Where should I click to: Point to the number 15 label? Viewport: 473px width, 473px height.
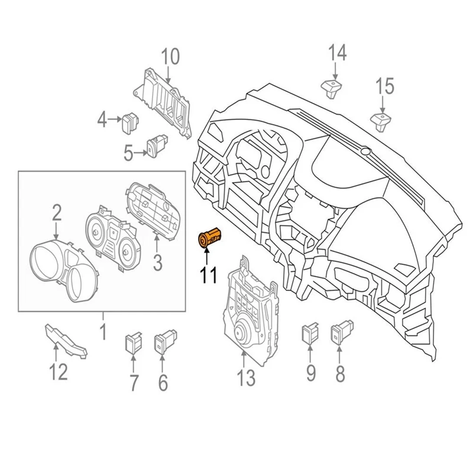coord(384,86)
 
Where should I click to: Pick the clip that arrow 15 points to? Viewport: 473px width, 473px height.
coord(381,121)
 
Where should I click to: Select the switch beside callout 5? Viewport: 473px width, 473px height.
coord(156,145)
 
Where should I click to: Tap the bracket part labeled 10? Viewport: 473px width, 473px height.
coord(164,101)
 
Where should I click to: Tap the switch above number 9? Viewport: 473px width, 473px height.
coord(310,332)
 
